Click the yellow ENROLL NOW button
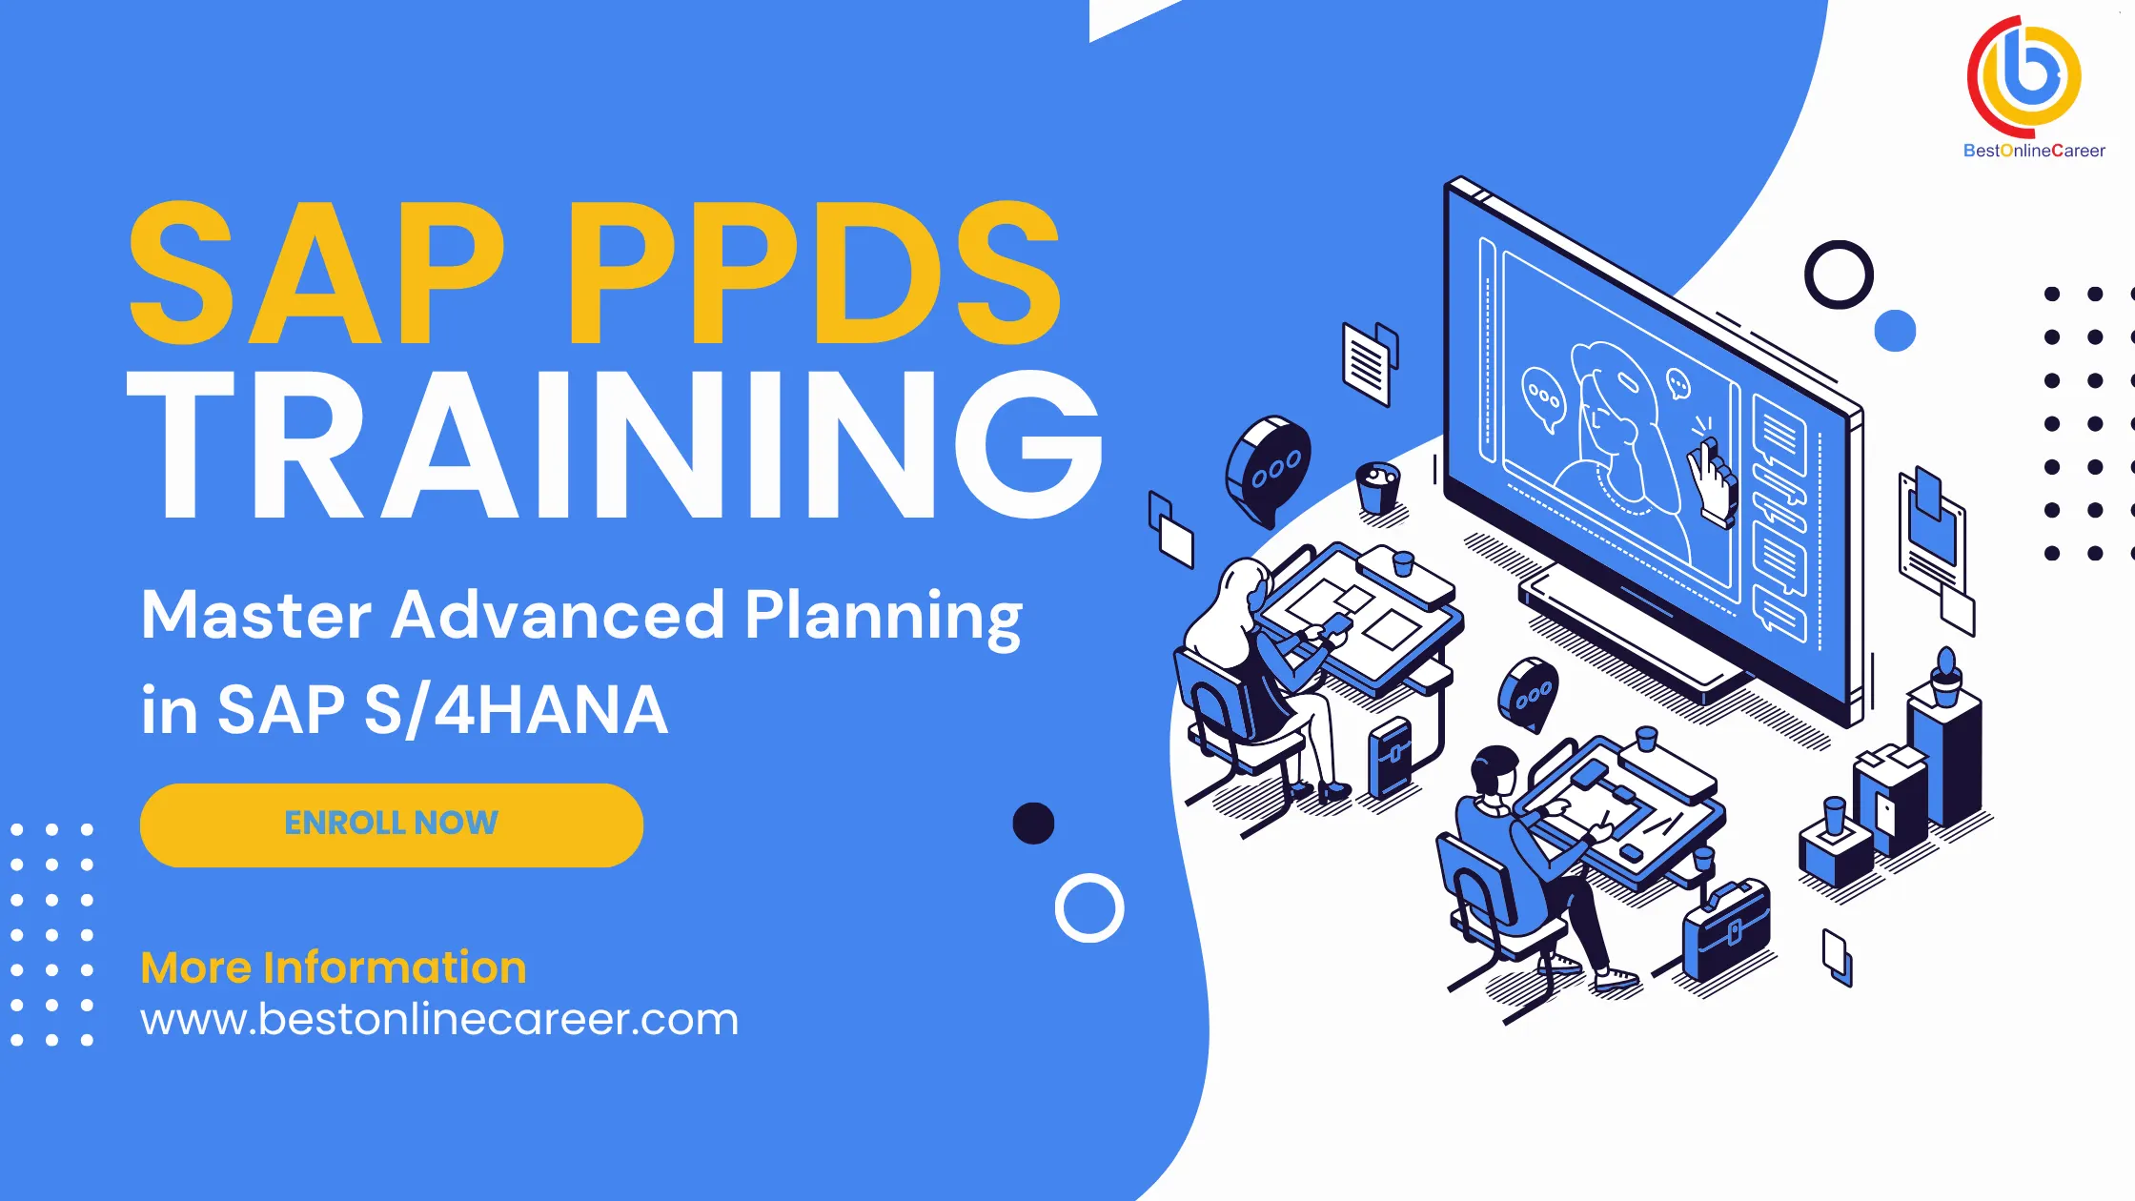pos(391,824)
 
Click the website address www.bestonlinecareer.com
pos(439,1020)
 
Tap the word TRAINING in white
pos(615,446)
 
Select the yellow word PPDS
pos(815,275)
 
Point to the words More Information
pos(334,967)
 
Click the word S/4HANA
pos(516,711)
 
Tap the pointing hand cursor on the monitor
pos(1712,481)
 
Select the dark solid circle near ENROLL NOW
pos(1033,824)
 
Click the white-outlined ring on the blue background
pos(1089,907)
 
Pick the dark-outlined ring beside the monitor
pos(1839,275)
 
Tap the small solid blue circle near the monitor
pos(1895,331)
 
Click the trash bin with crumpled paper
pos(1377,487)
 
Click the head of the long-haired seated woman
pos(1245,586)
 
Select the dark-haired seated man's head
pos(1494,770)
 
